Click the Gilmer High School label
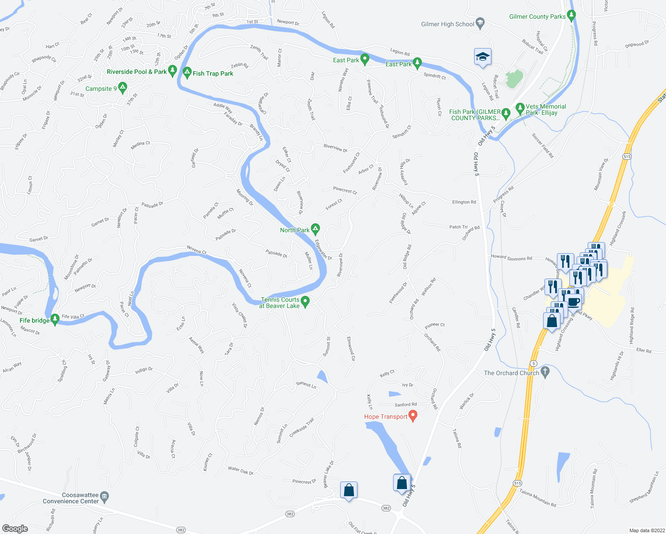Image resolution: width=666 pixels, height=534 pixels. (447, 24)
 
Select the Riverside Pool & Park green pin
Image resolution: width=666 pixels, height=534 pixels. (173, 70)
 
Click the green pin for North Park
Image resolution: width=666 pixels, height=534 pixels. (315, 229)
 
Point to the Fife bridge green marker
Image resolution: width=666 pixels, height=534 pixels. (55, 319)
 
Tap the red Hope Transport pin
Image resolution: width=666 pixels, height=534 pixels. (413, 416)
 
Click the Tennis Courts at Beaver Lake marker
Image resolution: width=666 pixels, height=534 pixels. (305, 301)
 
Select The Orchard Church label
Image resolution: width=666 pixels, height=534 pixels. (511, 373)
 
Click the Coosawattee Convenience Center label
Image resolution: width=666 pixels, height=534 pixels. (71, 498)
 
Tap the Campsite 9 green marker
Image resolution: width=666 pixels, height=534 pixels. (122, 87)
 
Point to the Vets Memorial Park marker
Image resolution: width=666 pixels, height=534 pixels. (520, 108)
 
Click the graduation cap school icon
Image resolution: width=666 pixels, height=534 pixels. (483, 57)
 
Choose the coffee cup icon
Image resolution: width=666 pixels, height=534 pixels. (574, 301)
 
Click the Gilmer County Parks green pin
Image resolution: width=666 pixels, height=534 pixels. (572, 15)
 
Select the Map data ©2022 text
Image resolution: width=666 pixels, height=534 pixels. (646, 530)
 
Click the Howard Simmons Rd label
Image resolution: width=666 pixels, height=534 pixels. (511, 257)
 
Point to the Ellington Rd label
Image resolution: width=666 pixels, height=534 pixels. (464, 202)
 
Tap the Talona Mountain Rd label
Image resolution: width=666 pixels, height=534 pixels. (538, 498)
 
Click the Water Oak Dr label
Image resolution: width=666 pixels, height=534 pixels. (240, 470)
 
